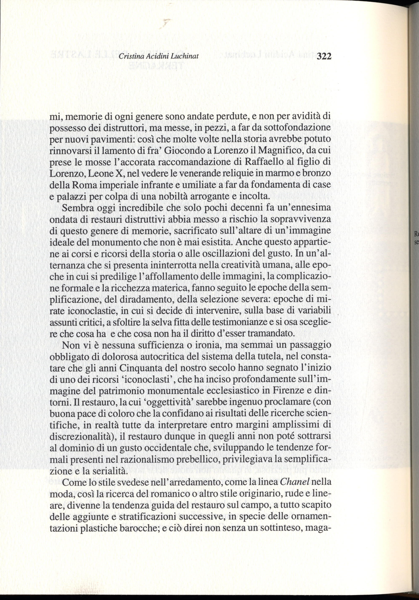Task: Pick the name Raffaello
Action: click(x=264, y=162)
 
